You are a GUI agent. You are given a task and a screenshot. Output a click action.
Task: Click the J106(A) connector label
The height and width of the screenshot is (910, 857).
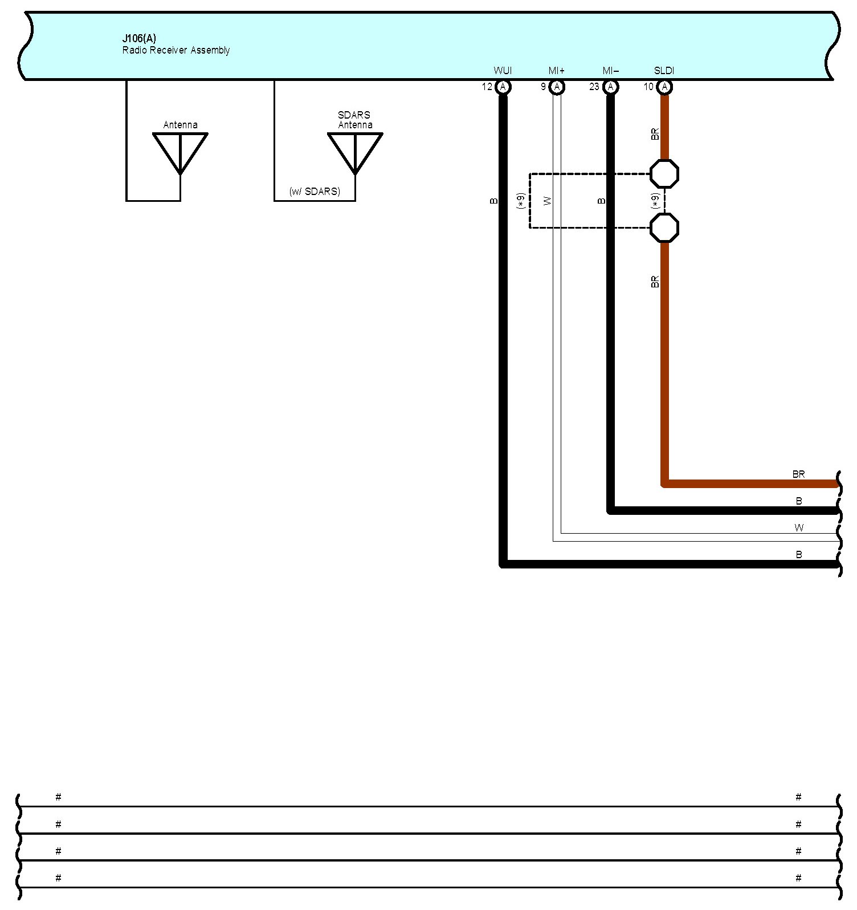[139, 39]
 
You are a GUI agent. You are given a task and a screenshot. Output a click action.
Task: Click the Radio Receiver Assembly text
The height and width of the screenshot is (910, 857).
[176, 51]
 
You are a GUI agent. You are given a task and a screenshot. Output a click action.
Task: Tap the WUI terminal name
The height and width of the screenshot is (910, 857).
[503, 71]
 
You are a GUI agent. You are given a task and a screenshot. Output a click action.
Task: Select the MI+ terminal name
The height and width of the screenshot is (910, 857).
[556, 71]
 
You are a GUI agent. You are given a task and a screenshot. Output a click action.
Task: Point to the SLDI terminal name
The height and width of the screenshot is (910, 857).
[664, 71]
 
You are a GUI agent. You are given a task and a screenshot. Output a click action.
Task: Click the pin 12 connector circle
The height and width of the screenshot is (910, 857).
[503, 87]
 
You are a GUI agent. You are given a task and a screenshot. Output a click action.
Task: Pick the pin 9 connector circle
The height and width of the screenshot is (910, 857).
[557, 87]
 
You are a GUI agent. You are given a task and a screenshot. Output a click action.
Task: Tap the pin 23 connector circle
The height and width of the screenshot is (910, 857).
[610, 87]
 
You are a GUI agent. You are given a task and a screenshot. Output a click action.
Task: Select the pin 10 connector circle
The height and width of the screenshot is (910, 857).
[664, 87]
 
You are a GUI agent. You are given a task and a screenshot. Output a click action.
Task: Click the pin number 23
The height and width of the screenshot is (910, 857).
[594, 87]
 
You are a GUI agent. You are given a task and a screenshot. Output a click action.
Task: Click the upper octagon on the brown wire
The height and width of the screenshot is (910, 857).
[664, 174]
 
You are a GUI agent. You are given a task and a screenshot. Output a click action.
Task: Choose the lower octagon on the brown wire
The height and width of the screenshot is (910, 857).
[664, 227]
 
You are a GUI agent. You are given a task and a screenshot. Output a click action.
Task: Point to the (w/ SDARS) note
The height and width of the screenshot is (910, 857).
[315, 192]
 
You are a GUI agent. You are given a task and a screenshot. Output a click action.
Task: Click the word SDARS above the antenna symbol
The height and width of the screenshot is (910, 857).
[354, 115]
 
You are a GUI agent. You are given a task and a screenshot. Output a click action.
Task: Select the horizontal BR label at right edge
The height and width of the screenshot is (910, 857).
[798, 474]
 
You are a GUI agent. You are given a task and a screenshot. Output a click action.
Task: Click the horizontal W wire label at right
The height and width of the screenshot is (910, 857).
[799, 528]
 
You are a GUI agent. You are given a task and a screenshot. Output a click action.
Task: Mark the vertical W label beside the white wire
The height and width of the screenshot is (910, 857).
[548, 201]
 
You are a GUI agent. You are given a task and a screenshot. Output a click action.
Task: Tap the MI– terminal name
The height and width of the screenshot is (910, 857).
[610, 71]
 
